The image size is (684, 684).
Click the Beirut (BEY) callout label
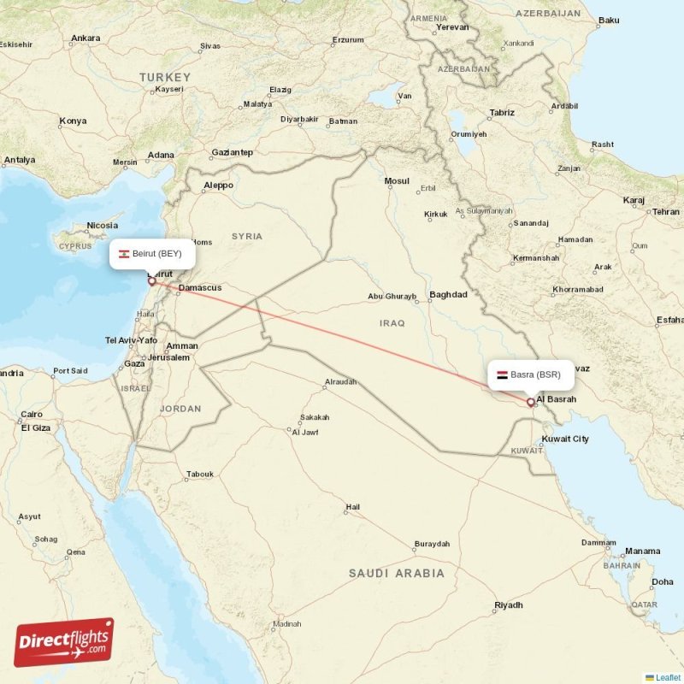click(152, 253)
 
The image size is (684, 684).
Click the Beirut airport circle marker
click(152, 280)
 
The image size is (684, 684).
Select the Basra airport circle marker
click(531, 402)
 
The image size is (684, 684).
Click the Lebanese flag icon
click(124, 254)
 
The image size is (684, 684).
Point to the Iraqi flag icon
click(502, 375)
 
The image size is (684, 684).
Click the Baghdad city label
click(449, 295)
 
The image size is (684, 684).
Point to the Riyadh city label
click(508, 605)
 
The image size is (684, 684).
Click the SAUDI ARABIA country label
click(396, 573)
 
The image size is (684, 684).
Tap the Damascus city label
click(199, 288)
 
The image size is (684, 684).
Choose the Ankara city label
click(85, 38)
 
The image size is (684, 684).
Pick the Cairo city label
click(32, 414)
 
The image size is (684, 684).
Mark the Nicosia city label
click(102, 227)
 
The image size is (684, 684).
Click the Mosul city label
click(397, 181)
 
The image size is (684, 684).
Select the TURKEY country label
click(164, 77)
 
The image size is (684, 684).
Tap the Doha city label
click(662, 582)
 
